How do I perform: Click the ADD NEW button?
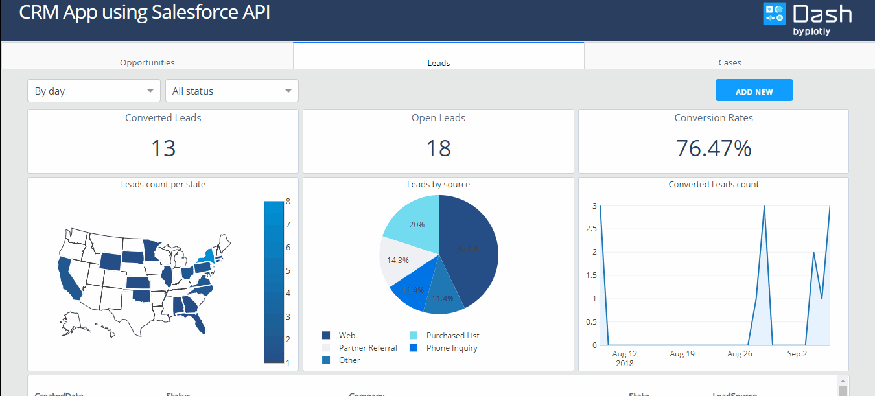click(x=754, y=91)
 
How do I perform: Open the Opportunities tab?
click(x=147, y=62)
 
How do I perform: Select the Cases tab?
click(x=729, y=62)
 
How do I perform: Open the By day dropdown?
click(x=93, y=91)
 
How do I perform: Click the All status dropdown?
click(x=231, y=91)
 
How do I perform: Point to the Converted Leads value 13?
click(x=163, y=148)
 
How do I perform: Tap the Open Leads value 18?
click(x=438, y=148)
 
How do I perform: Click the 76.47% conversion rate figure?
click(x=713, y=148)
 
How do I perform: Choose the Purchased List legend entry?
click(x=452, y=336)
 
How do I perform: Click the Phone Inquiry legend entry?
click(x=451, y=348)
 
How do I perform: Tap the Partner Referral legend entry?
click(x=367, y=348)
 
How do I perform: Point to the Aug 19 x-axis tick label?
click(x=682, y=354)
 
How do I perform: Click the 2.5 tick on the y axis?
click(x=590, y=229)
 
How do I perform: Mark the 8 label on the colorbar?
click(x=288, y=202)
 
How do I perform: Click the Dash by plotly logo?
click(x=807, y=19)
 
